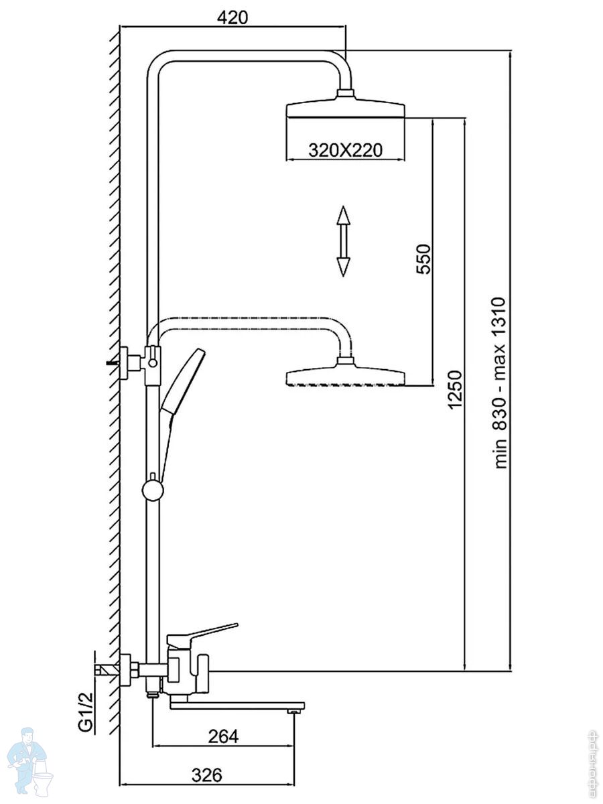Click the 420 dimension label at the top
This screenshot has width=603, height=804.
[x=232, y=17]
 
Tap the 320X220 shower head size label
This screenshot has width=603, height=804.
[x=345, y=149]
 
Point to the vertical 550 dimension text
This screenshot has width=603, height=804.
[x=423, y=259]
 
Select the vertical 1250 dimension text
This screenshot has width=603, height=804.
[x=455, y=390]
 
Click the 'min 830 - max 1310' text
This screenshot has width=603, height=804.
[x=502, y=383]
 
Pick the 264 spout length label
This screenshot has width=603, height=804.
[x=223, y=736]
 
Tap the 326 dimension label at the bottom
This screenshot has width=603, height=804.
[x=206, y=775]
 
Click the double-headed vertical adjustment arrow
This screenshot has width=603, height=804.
[x=343, y=241]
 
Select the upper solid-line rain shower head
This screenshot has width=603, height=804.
[x=345, y=110]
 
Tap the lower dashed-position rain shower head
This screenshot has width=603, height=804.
[x=345, y=376]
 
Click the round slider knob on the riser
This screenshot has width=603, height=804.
[x=153, y=490]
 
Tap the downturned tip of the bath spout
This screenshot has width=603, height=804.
[x=293, y=710]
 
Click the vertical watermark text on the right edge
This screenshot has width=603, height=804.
[x=592, y=764]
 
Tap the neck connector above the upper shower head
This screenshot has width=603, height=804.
[x=345, y=95]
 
